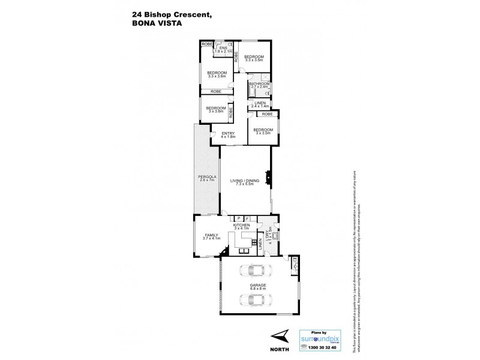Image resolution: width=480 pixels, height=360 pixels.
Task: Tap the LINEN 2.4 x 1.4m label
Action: click(x=260, y=104)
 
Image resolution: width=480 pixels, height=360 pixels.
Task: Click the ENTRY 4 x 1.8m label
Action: click(x=228, y=135)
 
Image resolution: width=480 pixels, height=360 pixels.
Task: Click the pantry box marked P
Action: click(x=239, y=218)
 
